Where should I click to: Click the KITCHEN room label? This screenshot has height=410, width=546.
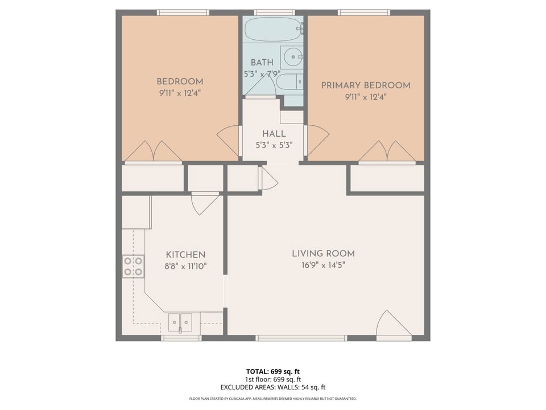185,255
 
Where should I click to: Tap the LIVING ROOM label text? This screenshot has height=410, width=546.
324,253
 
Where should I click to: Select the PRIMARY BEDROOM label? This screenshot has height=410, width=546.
366,85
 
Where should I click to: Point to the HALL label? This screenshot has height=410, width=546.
274,133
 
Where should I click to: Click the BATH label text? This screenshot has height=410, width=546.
262,63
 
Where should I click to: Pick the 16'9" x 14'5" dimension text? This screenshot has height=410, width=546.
324,265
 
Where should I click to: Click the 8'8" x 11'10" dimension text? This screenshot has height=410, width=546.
185,266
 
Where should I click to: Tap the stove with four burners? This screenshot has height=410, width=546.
133,266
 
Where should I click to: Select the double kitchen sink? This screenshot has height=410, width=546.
180,323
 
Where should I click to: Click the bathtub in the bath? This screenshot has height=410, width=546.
274,30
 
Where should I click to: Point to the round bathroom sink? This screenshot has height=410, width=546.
292,57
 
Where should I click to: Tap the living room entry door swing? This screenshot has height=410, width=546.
394,324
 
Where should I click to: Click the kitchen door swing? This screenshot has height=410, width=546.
205,204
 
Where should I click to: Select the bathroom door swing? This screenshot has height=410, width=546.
261,85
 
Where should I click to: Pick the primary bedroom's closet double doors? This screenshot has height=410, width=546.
387,151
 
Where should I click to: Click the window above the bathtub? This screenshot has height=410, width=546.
274,13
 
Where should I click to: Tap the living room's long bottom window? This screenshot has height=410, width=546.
301,338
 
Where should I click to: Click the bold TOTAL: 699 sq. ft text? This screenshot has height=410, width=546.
273,372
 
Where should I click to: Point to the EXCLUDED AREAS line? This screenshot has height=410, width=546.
273,387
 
